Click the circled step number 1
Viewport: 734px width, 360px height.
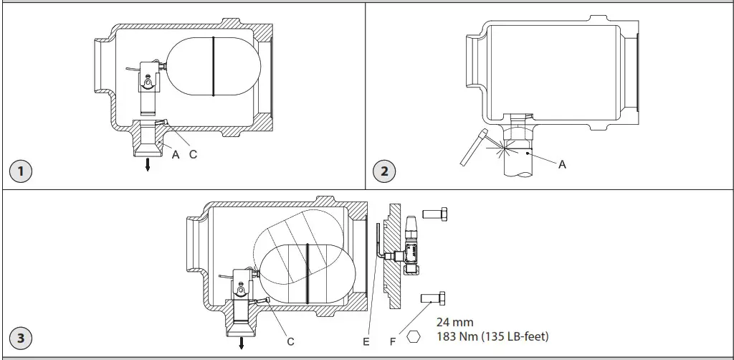pyautogui.click(x=22, y=171)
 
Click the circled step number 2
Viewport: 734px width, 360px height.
pyautogui.click(x=384, y=171)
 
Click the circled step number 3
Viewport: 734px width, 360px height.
pyautogui.click(x=22, y=338)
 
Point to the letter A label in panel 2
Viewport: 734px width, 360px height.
pyautogui.click(x=562, y=164)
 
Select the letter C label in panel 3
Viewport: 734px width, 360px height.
pyautogui.click(x=290, y=342)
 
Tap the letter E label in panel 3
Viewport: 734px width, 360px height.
pyautogui.click(x=366, y=342)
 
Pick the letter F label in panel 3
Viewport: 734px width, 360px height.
pyautogui.click(x=393, y=342)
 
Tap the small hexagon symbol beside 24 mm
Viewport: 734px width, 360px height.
pyautogui.click(x=414, y=335)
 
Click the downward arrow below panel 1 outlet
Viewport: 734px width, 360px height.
pyautogui.click(x=147, y=165)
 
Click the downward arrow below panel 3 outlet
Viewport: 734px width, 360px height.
pyautogui.click(x=242, y=343)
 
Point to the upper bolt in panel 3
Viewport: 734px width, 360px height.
pyautogui.click(x=435, y=213)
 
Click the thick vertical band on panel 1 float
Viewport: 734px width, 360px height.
pyautogui.click(x=214, y=66)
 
